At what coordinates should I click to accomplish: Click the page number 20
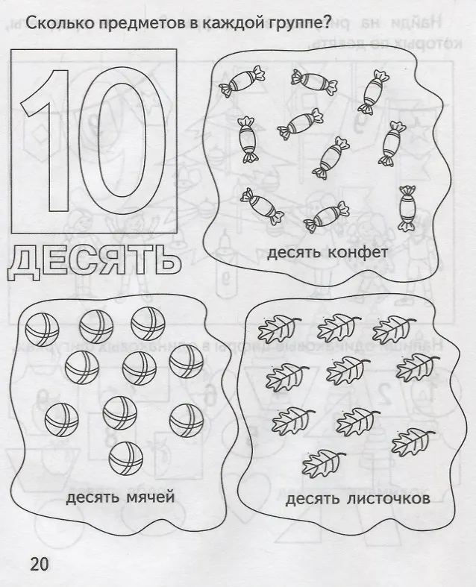pyautogui.click(x=40, y=564)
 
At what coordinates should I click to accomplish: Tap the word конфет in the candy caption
pyautogui.click(x=357, y=253)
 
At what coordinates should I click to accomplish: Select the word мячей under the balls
pyautogui.click(x=151, y=498)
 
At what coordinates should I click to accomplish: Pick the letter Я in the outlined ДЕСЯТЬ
pyautogui.click(x=125, y=262)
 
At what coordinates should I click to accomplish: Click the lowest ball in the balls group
pyautogui.click(x=126, y=458)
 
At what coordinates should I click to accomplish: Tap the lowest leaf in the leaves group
pyautogui.click(x=324, y=463)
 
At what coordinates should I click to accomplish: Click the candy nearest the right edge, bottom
pyautogui.click(x=407, y=208)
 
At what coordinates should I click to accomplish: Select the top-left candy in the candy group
pyautogui.click(x=242, y=81)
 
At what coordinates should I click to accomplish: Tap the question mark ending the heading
pyautogui.click(x=326, y=23)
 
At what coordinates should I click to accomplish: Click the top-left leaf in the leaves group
pyautogui.click(x=279, y=329)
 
